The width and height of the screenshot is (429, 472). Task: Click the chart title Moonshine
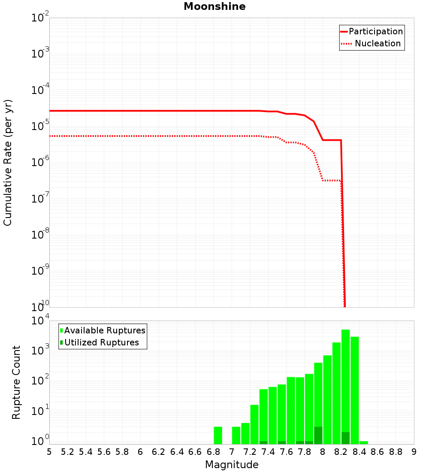pyautogui.click(x=214, y=7)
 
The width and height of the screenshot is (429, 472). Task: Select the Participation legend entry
pyautogui.click(x=376, y=32)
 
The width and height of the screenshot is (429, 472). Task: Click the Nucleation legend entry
pyautogui.click(x=378, y=44)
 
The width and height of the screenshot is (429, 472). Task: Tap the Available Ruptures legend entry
pyautogui.click(x=105, y=330)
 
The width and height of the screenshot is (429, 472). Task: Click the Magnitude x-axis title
pyautogui.click(x=232, y=465)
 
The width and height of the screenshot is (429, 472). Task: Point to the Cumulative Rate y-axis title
pyautogui.click(x=8, y=162)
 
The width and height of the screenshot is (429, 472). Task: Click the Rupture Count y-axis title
pyautogui.click(x=16, y=382)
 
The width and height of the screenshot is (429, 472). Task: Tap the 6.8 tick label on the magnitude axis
pyautogui.click(x=213, y=452)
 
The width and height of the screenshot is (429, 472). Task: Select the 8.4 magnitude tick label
pyautogui.click(x=360, y=452)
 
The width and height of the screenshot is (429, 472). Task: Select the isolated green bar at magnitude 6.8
pyautogui.click(x=218, y=435)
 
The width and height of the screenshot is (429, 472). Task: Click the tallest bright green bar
pyautogui.click(x=346, y=386)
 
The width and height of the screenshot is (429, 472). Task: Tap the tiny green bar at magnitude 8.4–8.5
pyautogui.click(x=364, y=442)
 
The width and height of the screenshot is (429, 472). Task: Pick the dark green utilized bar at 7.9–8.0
pyautogui.click(x=318, y=435)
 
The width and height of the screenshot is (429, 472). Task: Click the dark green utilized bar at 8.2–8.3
pyautogui.click(x=346, y=438)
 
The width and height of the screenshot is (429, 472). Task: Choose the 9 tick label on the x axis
pyautogui.click(x=414, y=452)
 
